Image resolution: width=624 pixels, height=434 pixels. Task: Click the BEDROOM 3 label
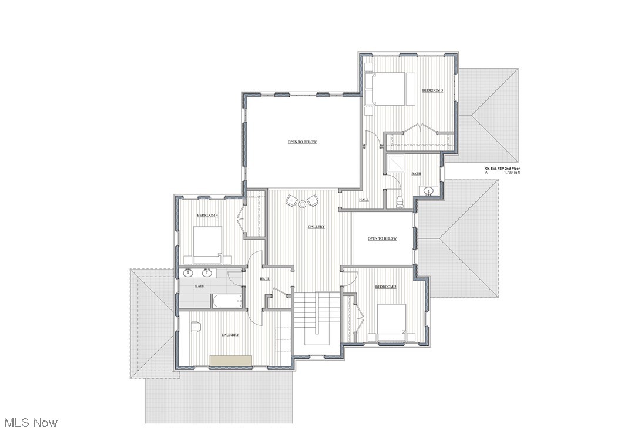coord(432,90)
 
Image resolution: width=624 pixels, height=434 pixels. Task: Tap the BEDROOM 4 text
coord(207,216)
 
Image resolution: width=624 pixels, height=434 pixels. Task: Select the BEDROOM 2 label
coord(386,287)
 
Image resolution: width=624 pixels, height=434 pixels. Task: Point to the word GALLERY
coord(316,227)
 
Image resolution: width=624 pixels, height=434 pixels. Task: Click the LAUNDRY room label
coord(230,335)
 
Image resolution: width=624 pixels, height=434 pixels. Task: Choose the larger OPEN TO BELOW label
coord(302,142)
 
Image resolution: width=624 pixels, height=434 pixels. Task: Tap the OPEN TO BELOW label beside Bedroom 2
coord(382,238)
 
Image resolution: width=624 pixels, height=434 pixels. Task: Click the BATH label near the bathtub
coord(200,287)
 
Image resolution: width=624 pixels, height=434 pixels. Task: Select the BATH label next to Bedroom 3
coord(416,174)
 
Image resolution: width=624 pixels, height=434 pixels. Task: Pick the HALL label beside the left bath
coord(264,279)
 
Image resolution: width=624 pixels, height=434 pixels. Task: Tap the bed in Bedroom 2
coord(391,321)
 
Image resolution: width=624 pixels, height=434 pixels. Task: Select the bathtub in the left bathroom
coord(227,301)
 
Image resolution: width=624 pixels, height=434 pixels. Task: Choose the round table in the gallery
coord(303,204)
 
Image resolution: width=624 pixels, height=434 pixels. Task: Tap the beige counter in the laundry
coord(231,361)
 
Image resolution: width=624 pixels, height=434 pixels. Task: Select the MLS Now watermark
coord(31,422)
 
